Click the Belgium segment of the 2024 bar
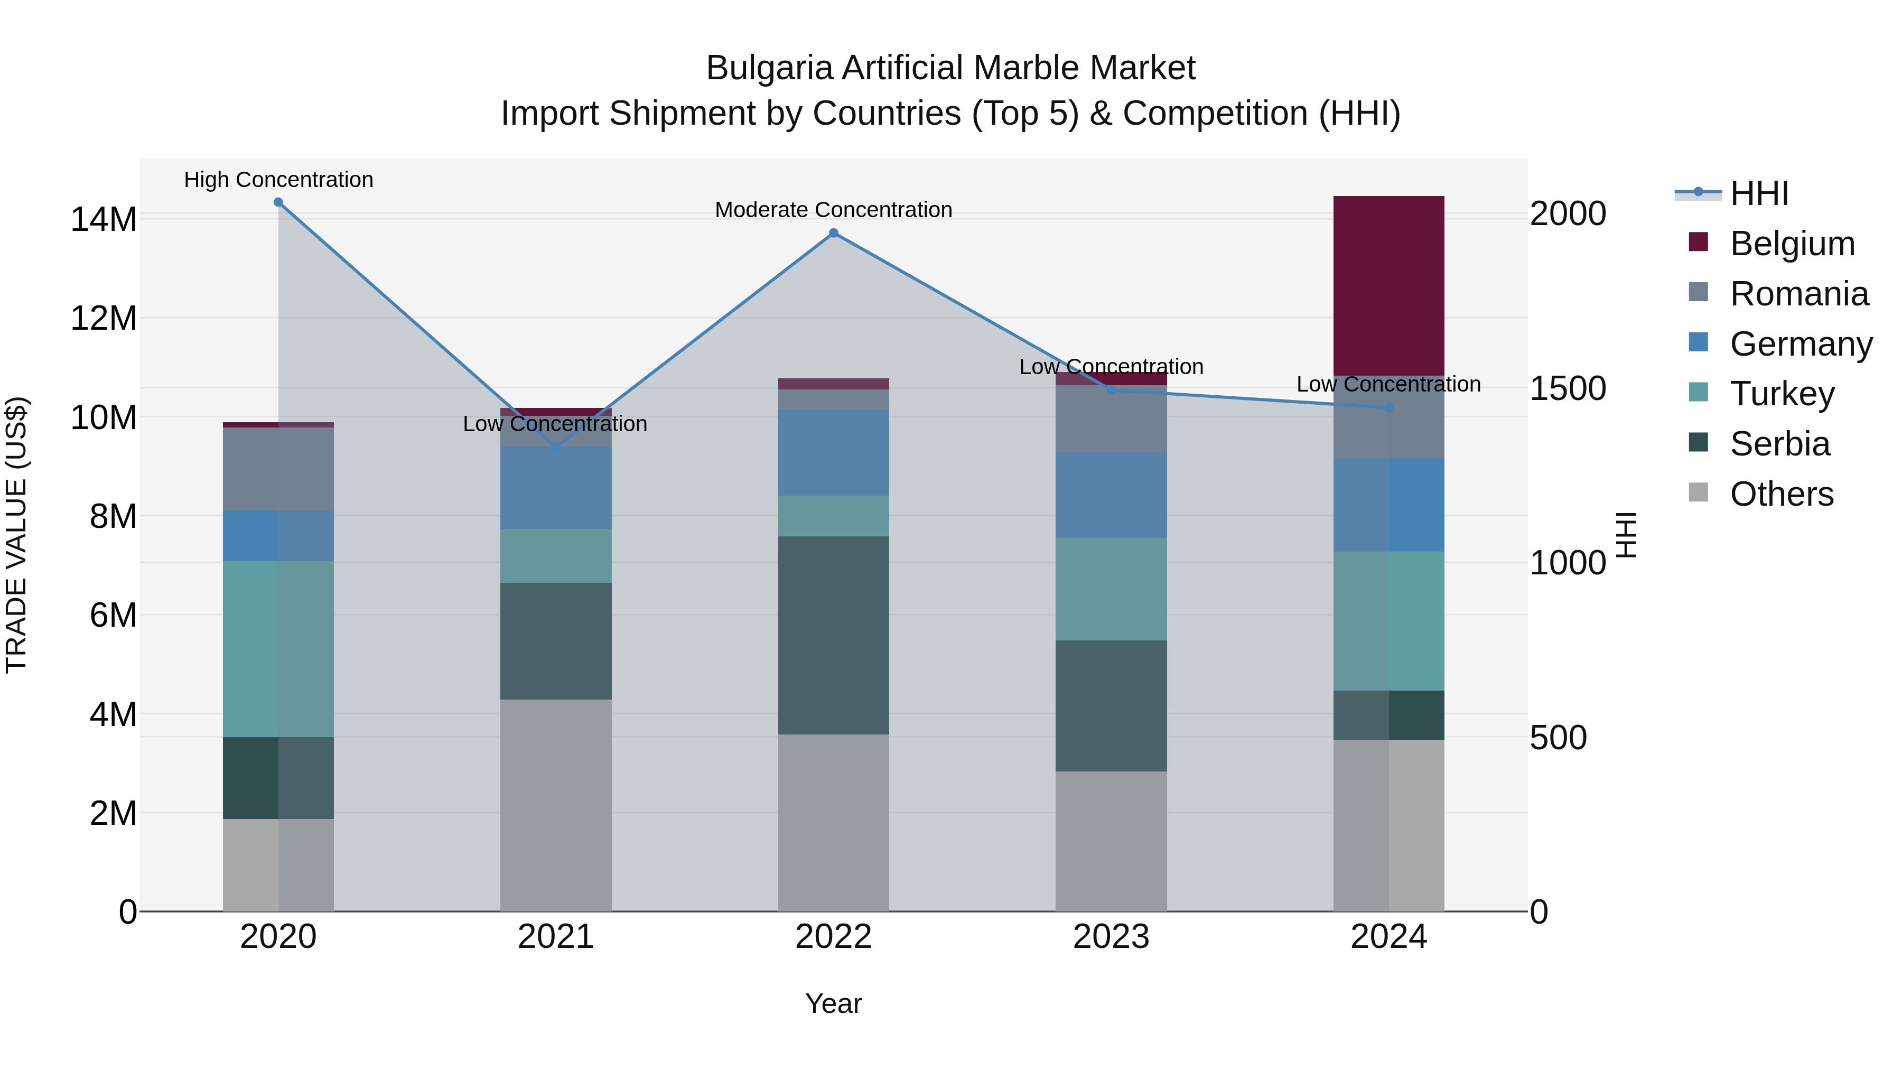[1388, 286]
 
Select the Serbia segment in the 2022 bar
[833, 635]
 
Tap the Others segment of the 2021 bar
[555, 805]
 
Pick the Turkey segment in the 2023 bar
[1111, 589]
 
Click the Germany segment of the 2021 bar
[555, 487]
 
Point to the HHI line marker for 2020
[278, 202]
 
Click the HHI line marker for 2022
[833, 234]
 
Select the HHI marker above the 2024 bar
[1388, 407]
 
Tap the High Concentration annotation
[278, 180]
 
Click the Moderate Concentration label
[833, 210]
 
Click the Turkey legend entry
[1782, 394]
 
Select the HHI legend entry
[1759, 193]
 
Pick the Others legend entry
[1781, 494]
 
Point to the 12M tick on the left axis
[104, 318]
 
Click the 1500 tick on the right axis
[1567, 388]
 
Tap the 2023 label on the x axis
[1111, 937]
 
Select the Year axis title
[833, 1003]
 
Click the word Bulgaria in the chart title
[769, 68]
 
